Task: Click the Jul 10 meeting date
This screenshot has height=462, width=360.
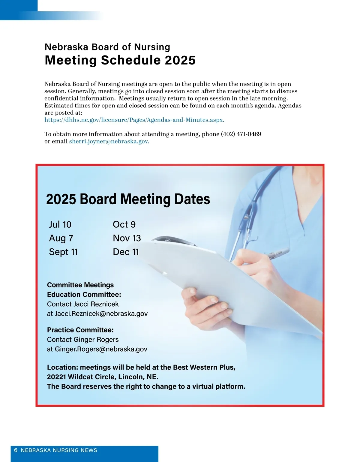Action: pos(60,224)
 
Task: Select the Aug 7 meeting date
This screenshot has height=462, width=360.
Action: pos(61,238)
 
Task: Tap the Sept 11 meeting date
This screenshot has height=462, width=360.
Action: pos(63,252)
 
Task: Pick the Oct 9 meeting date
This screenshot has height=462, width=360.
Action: pos(124,224)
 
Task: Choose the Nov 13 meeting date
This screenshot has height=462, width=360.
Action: pos(127,238)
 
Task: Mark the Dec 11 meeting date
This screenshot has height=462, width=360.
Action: pos(126,252)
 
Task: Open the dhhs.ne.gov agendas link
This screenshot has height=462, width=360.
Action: pos(134,120)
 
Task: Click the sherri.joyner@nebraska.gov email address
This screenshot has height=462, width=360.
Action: pos(109,142)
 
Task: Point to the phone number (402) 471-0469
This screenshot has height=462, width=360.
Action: pos(241,134)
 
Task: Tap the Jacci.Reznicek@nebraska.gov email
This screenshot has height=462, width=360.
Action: pos(101,314)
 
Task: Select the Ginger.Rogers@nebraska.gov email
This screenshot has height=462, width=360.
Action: pos(101,349)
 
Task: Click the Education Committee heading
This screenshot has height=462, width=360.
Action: pos(84,295)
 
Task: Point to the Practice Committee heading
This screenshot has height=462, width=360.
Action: pos(80,330)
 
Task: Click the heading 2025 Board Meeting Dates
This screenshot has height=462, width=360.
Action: pos(128,199)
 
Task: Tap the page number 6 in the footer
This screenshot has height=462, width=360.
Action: pos(16,450)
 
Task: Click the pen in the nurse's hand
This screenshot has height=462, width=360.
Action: pos(277,253)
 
